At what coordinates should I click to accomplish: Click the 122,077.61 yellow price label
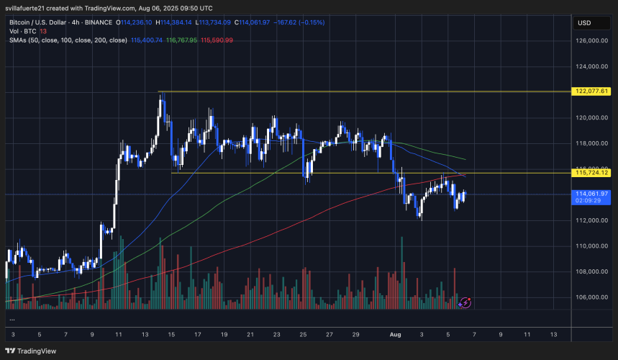click(593, 91)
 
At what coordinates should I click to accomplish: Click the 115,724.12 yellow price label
click(593, 173)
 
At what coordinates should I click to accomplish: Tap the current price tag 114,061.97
click(593, 194)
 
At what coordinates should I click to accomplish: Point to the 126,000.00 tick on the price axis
click(593, 41)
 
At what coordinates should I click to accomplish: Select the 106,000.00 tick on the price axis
click(593, 297)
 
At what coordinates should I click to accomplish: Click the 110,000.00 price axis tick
click(593, 246)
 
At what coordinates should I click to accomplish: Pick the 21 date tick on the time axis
click(250, 335)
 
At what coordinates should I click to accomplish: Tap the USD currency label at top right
click(584, 22)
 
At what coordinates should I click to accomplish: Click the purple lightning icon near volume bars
click(465, 303)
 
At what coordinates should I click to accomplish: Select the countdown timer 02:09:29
click(593, 202)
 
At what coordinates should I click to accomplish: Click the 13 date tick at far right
click(553, 335)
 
